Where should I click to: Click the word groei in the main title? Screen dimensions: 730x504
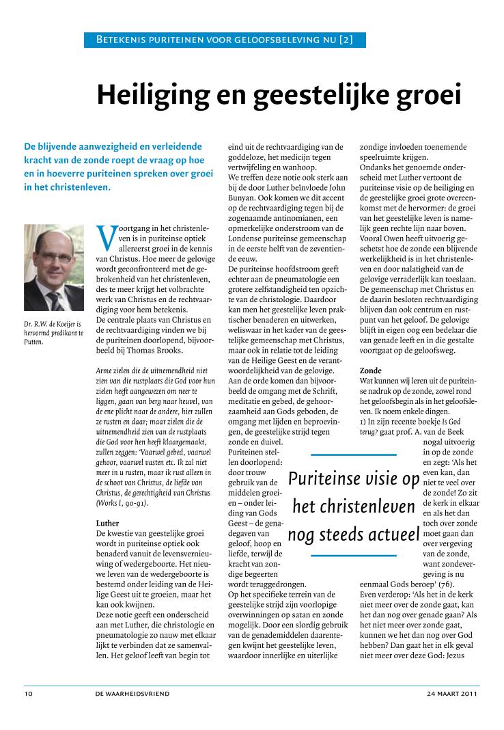423,94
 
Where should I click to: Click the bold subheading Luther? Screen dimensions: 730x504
109,524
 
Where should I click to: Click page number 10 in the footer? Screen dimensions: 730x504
28,694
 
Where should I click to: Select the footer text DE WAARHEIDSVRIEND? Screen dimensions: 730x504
132,694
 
